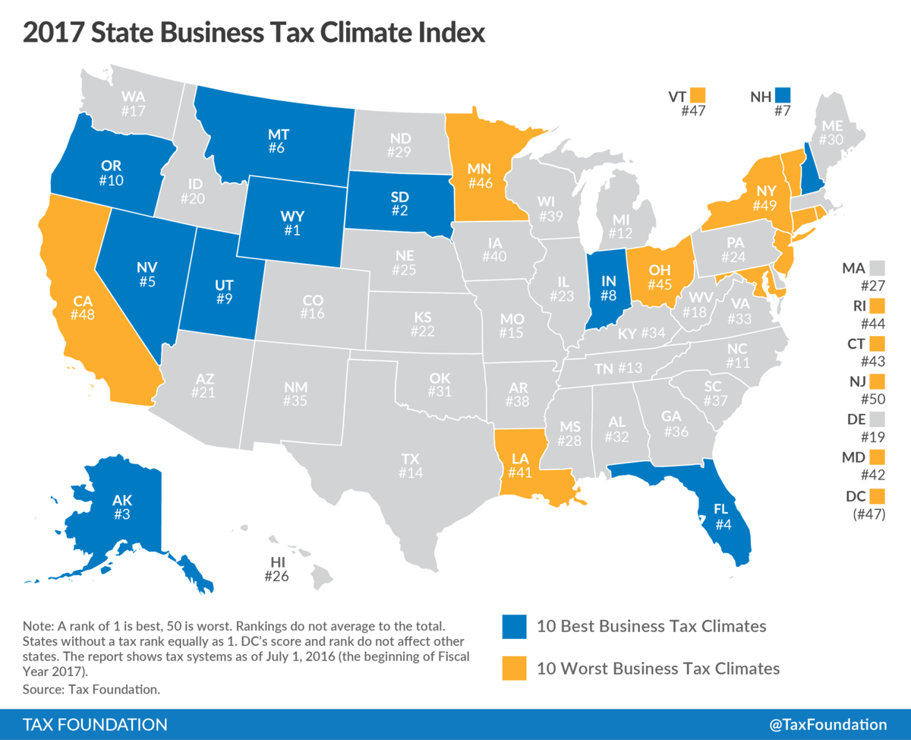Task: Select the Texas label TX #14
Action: click(410, 466)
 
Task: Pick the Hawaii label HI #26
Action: click(278, 569)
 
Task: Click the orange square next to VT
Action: click(698, 96)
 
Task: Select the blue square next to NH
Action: click(783, 96)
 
